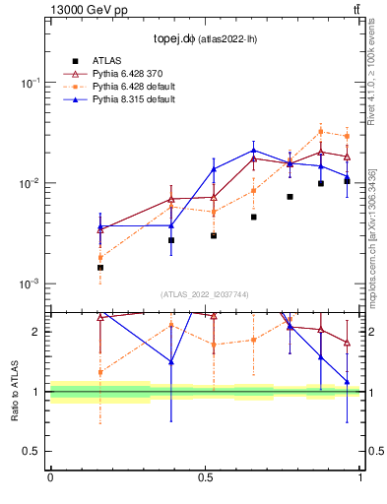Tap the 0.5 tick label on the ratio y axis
click(x=34, y=451)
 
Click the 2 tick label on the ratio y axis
click(x=39, y=332)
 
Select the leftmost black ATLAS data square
click(x=100, y=267)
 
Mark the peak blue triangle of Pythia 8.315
click(x=254, y=151)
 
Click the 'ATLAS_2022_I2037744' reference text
click(x=205, y=294)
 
